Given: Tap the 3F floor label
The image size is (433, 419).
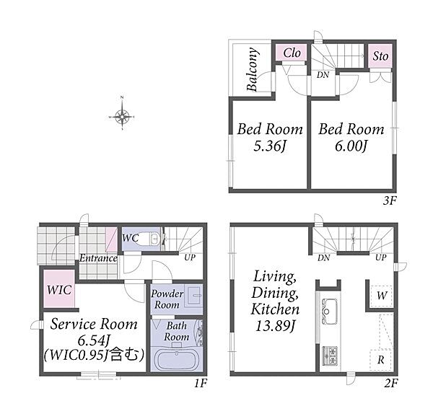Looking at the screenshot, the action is click(x=390, y=200).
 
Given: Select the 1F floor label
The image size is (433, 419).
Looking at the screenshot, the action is click(x=200, y=383).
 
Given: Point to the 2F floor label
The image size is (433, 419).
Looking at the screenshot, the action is click(x=390, y=383).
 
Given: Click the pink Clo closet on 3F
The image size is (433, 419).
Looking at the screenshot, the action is click(x=292, y=53).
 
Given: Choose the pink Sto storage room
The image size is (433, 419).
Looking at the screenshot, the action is click(x=380, y=56).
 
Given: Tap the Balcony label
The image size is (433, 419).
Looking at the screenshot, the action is click(x=253, y=69).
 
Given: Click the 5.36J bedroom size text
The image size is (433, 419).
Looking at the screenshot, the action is click(x=269, y=146).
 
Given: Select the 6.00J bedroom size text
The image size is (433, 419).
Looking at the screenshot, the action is click(x=351, y=146).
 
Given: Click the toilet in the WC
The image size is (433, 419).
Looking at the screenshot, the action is click(x=155, y=239).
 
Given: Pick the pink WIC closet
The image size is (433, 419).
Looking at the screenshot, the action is click(x=59, y=288).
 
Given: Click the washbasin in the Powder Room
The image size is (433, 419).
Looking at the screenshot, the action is click(x=195, y=296).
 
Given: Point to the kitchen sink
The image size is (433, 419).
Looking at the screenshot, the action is click(x=330, y=312).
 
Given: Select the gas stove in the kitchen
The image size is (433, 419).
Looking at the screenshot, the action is click(x=330, y=356).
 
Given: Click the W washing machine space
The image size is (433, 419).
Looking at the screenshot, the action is click(x=381, y=296).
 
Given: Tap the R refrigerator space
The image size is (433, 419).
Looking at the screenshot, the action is click(x=381, y=360).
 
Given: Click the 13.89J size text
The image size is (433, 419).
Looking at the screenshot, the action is click(x=275, y=327).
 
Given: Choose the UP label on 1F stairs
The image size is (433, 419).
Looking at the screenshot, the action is click(x=190, y=257).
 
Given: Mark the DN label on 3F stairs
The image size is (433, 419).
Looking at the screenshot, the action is click(x=323, y=75).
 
